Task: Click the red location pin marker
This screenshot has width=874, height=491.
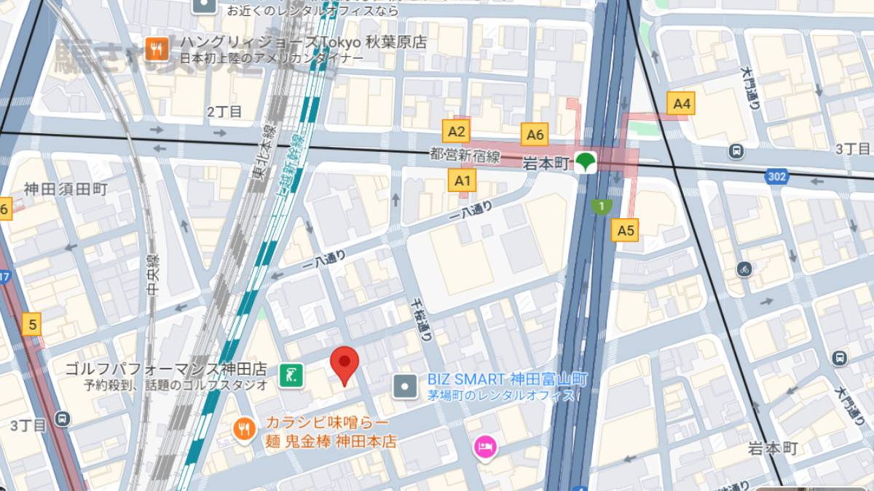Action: tap(345, 364)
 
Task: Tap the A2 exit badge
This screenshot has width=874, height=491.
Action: tap(457, 132)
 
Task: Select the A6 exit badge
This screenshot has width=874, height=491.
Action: tap(535, 134)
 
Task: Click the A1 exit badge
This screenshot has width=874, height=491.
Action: tap(463, 180)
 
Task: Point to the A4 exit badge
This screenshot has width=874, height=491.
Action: tap(681, 103)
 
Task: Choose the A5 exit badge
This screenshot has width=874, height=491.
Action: tap(626, 231)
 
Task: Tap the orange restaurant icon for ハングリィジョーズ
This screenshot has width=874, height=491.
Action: tap(157, 49)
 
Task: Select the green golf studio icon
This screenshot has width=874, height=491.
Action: tap(291, 375)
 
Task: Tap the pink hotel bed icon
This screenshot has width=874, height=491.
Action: tap(484, 447)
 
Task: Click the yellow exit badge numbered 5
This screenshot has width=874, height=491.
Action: tap(32, 324)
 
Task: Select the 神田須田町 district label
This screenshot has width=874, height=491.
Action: tap(66, 189)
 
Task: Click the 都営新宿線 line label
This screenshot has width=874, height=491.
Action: tap(465, 156)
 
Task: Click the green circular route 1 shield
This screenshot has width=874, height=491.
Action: tap(602, 207)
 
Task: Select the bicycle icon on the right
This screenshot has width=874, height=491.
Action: tap(743, 268)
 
